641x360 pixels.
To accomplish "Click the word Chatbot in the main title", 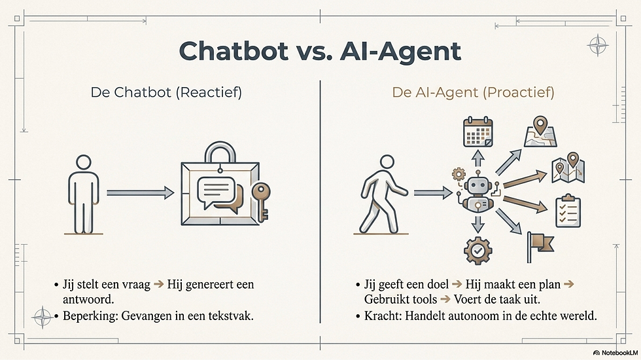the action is click(234, 51).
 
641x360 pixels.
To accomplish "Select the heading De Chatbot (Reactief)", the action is click(166, 92).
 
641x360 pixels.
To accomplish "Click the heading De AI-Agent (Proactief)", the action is click(473, 92).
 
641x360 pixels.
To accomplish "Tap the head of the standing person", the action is click(84, 162).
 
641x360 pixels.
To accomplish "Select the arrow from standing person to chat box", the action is click(140, 192).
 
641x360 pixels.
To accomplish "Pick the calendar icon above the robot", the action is click(478, 132).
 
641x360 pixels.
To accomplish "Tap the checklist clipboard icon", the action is click(568, 211).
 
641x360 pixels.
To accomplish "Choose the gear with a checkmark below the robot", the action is click(478, 250).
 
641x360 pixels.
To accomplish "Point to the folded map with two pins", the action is click(568, 168).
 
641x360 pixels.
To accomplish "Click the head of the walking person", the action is click(387, 162).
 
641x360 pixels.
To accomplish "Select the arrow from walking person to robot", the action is click(433, 192).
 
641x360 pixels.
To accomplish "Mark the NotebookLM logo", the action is click(615, 353).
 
